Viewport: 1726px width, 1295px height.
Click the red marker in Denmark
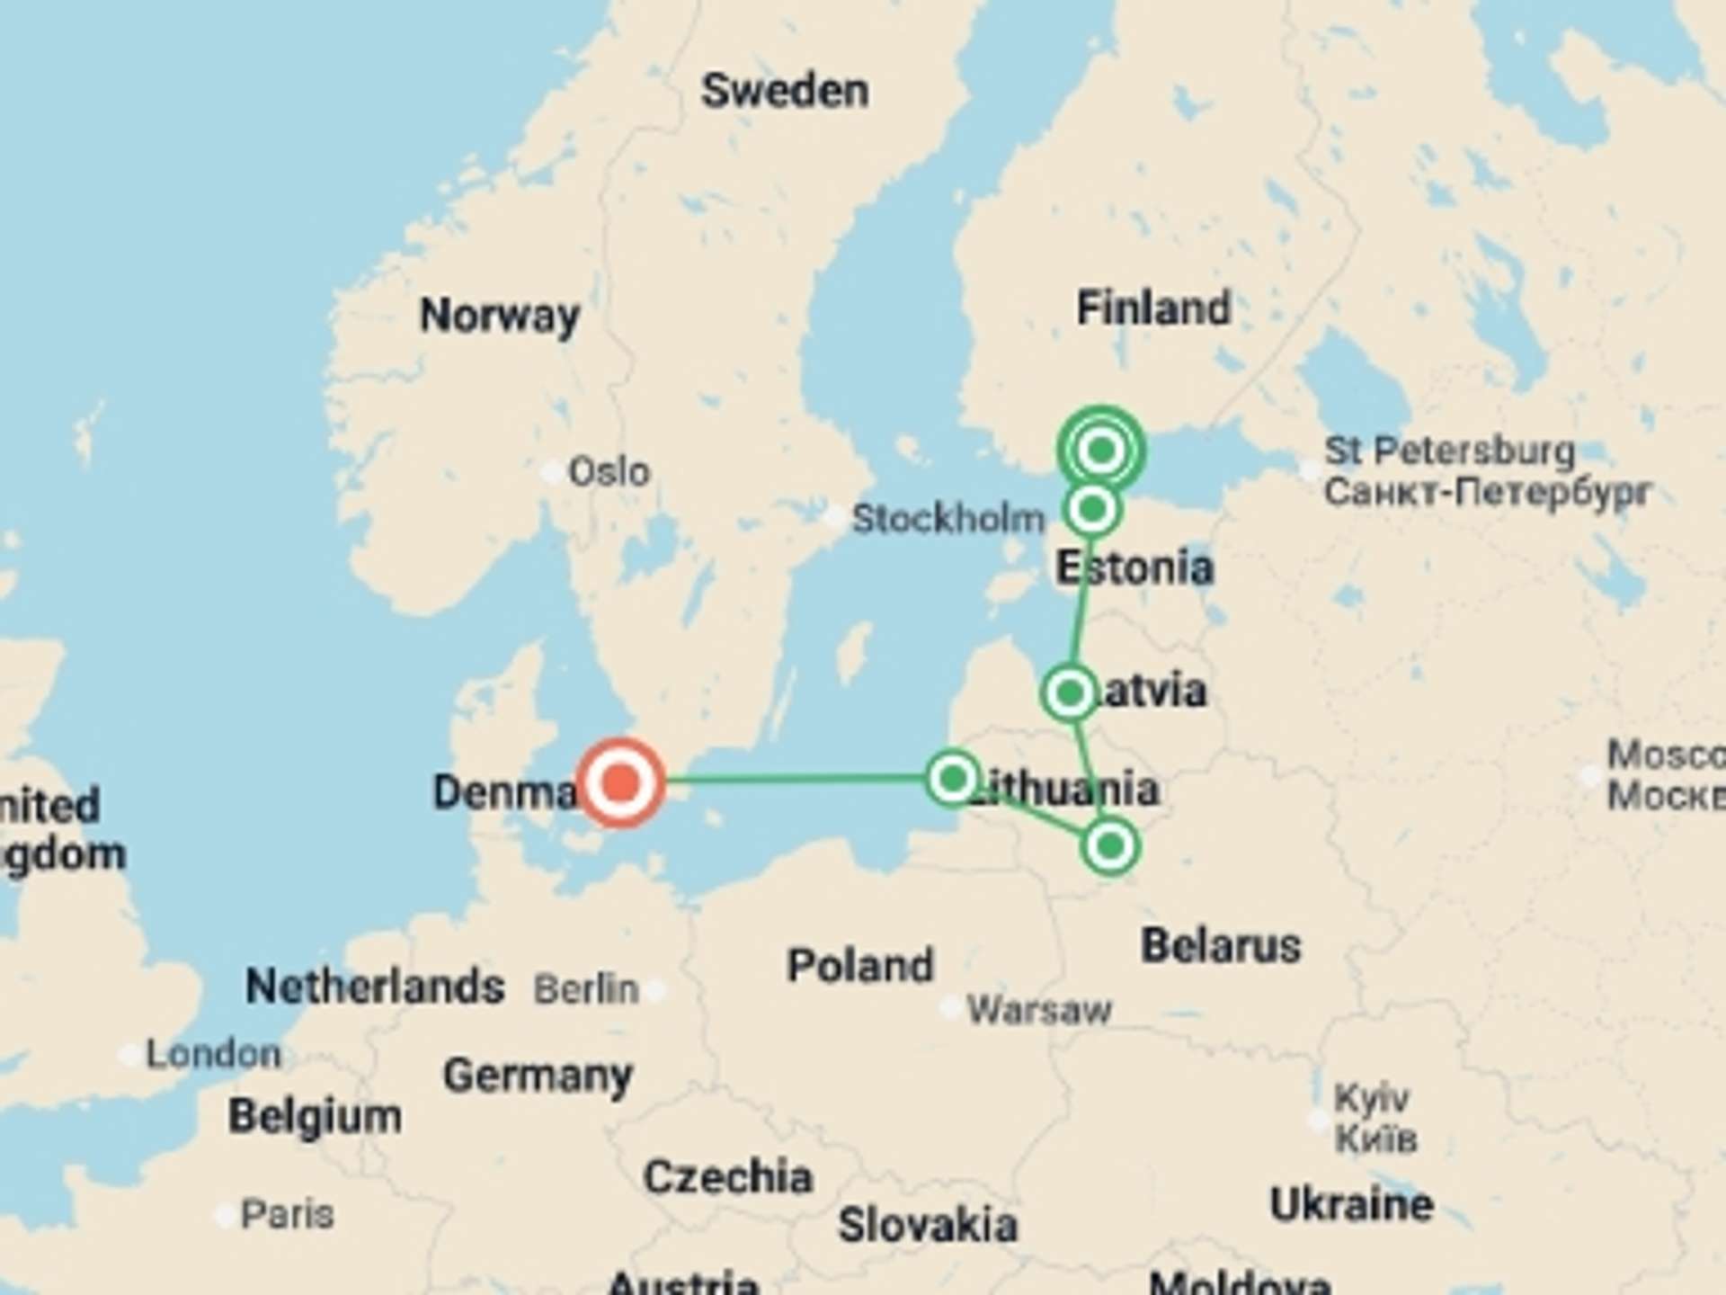coord(620,781)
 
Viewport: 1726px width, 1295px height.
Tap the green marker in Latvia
coord(1070,693)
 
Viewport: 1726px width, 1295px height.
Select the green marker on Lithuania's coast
coord(953,778)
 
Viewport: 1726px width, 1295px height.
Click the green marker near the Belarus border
coord(1110,846)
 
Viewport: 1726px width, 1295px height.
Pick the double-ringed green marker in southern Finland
coord(1101,450)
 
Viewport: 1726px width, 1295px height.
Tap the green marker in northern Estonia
coord(1092,510)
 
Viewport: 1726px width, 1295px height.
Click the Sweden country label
coord(785,91)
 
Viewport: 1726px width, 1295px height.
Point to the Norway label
coord(500,316)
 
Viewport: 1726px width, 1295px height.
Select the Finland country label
coord(1153,308)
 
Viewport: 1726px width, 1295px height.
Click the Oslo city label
coord(609,471)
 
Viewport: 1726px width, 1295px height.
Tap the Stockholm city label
coord(948,519)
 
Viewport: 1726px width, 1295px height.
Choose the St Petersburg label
coord(1449,451)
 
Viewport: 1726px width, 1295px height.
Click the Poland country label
coord(860,966)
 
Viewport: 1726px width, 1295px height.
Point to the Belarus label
coord(1221,946)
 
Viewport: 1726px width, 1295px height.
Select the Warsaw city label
coord(1038,1011)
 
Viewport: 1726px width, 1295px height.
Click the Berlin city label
coord(586,989)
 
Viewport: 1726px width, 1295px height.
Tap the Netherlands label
coord(375,987)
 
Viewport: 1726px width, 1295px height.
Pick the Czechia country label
coord(727,1177)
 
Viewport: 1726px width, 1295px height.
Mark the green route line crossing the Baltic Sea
coord(791,780)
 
